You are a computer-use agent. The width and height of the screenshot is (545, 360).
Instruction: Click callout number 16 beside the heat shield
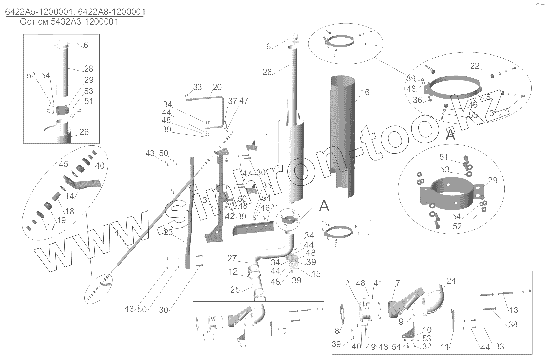tap(365, 92)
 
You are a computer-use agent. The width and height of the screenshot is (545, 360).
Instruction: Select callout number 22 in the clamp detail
tap(475, 66)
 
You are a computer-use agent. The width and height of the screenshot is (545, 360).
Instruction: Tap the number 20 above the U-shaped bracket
tap(217, 87)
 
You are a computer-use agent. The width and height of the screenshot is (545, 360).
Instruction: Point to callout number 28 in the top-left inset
tap(89, 69)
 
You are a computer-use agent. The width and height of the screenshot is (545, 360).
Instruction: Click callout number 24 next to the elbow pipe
tap(451, 281)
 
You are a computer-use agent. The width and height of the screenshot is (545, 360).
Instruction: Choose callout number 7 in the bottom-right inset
tap(398, 284)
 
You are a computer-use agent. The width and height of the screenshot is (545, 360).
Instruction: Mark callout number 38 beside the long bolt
tap(513, 325)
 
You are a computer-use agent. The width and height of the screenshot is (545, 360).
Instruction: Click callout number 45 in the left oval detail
tap(64, 164)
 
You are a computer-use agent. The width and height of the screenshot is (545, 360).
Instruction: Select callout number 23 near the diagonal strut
tap(168, 233)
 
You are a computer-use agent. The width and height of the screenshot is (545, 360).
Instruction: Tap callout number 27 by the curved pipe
tap(232, 259)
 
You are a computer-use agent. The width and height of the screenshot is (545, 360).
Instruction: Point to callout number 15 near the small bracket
tap(316, 274)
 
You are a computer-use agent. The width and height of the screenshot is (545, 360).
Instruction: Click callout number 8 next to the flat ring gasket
tap(337, 331)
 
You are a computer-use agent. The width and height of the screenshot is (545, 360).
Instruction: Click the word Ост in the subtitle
tap(26, 22)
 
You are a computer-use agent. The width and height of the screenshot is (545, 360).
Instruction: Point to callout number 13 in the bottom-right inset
tap(513, 310)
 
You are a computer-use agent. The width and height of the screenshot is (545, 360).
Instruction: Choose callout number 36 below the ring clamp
tap(417, 100)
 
